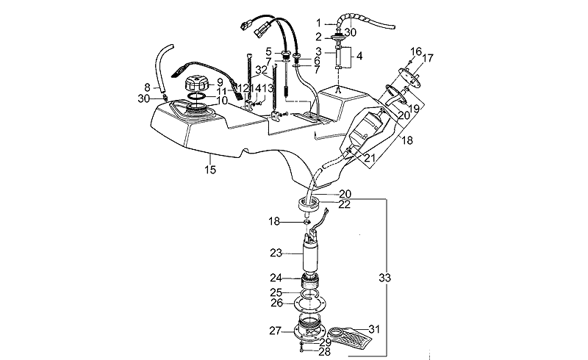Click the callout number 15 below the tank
[x=209, y=170]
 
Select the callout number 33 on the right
[x=385, y=278]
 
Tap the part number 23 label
[x=276, y=253]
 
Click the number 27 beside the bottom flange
[x=276, y=331]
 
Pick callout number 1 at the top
[x=319, y=23]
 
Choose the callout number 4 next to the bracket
[x=358, y=56]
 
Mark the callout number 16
[x=416, y=51]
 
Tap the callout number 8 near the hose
[x=147, y=87]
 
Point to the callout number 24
[x=276, y=278]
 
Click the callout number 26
[x=276, y=303]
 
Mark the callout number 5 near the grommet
[x=269, y=51]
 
